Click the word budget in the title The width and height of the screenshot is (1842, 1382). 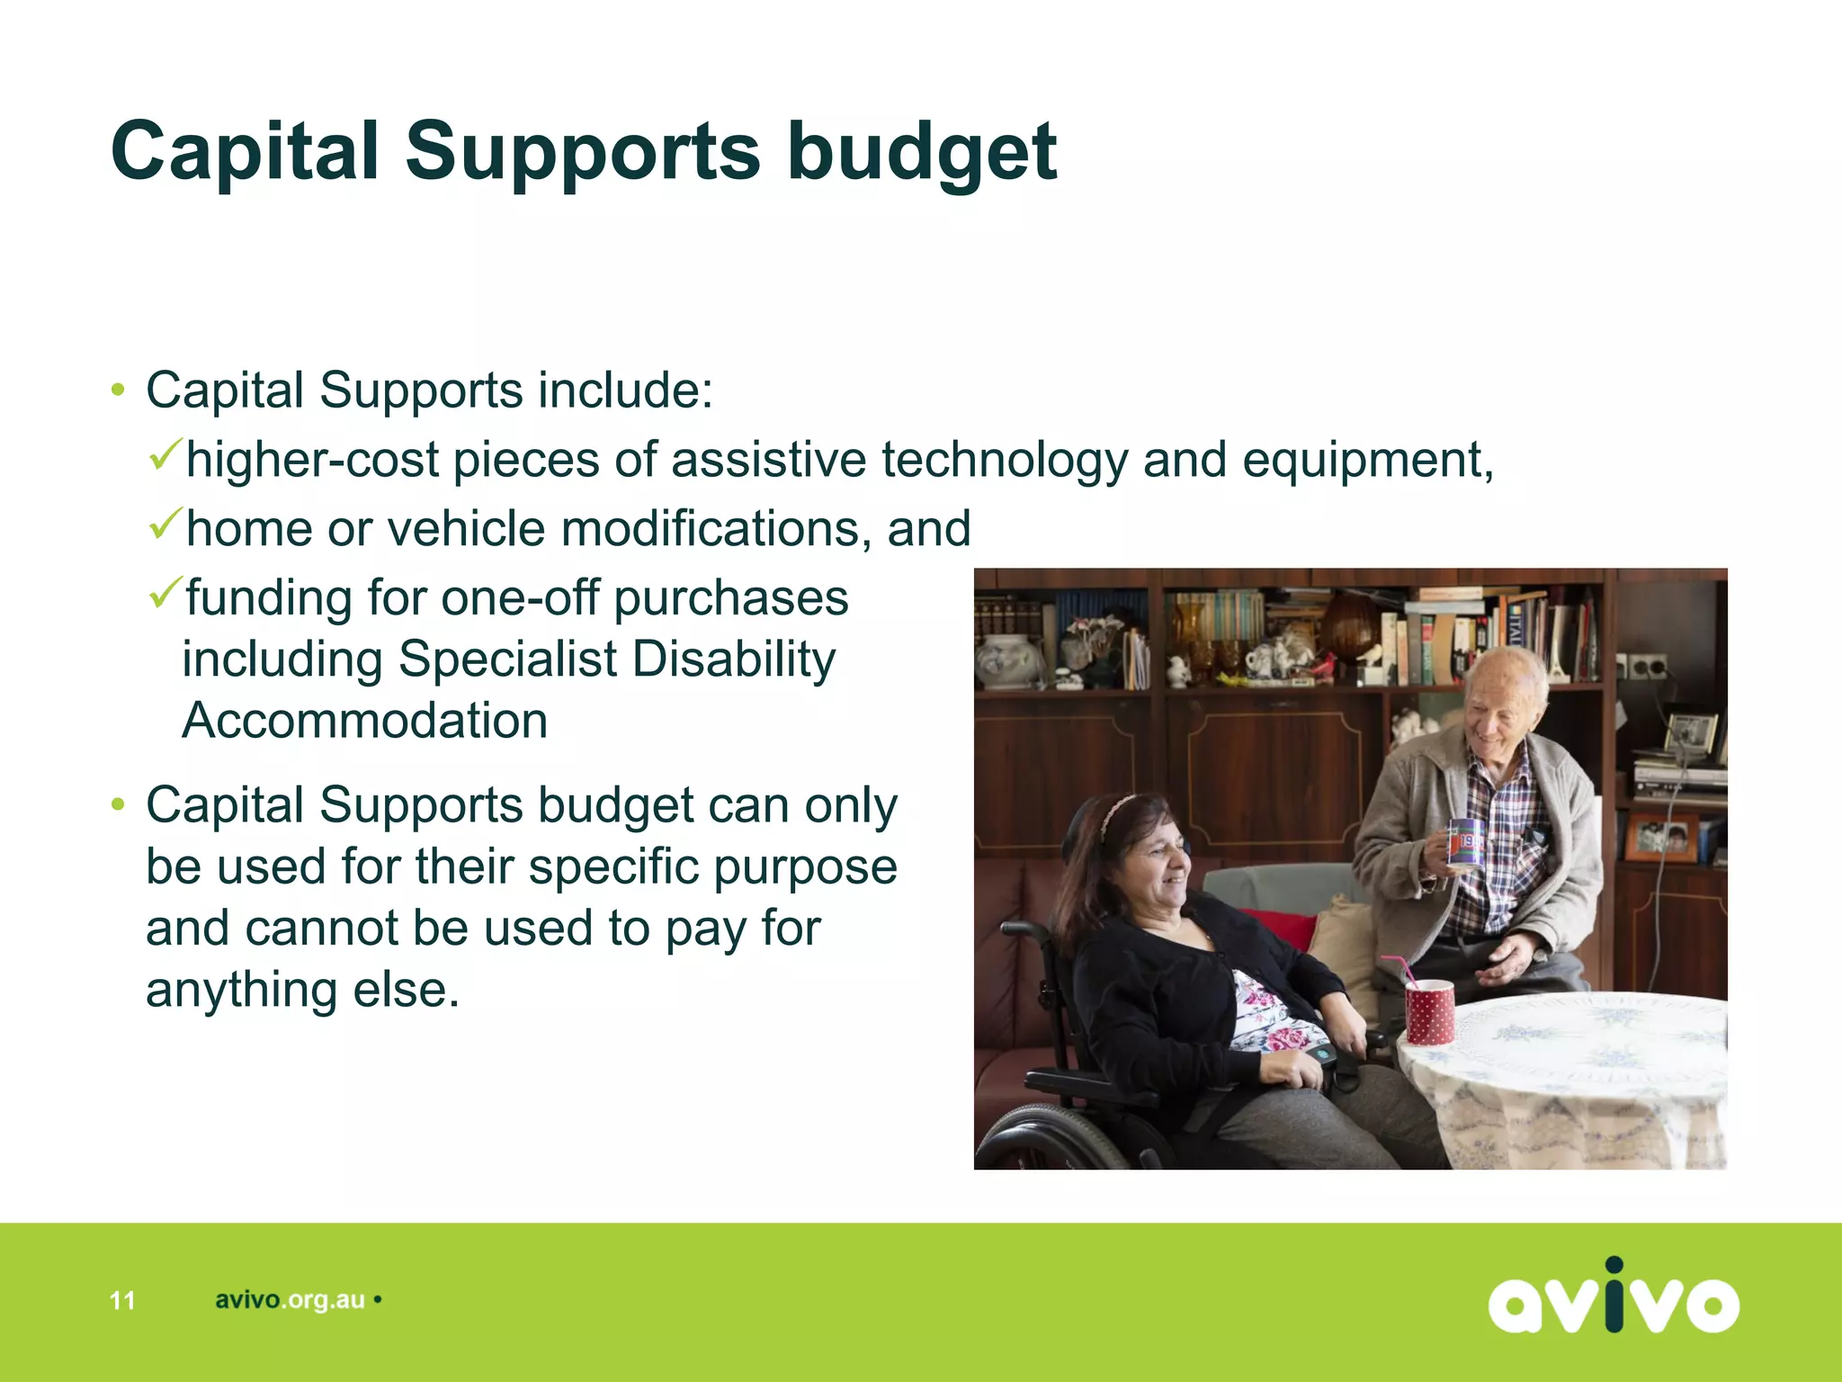coord(921,153)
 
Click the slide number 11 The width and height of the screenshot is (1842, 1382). coord(122,1300)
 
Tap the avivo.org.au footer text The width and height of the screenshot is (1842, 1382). coord(290,1300)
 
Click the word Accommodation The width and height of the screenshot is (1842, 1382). coord(365,721)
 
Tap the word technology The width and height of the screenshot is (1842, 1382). coord(1004,460)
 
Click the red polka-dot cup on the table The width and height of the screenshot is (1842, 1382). coord(1429,1011)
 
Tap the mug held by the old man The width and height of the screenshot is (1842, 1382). coord(1464,842)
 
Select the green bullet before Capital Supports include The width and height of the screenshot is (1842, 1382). coord(118,390)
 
